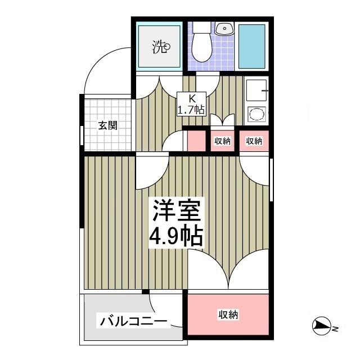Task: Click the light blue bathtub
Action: tap(252, 46)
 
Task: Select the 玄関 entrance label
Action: tap(107, 125)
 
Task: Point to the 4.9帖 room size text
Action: tap(175, 236)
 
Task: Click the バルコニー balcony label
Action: tap(134, 322)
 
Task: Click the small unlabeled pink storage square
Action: tap(196, 141)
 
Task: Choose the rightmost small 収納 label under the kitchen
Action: tap(255, 141)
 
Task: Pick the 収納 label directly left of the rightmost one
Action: tap(223, 141)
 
